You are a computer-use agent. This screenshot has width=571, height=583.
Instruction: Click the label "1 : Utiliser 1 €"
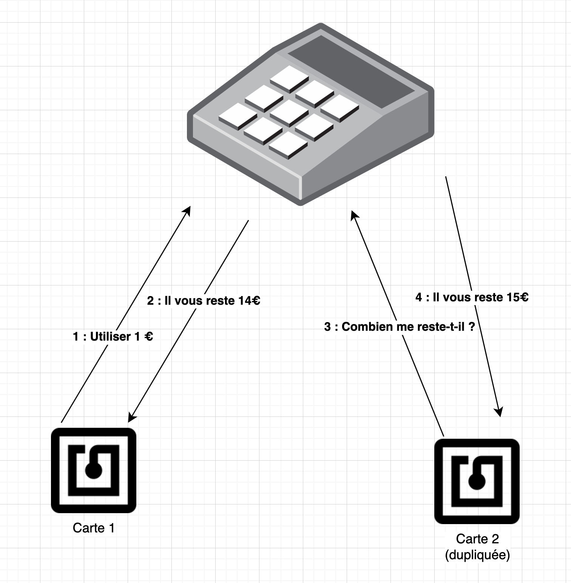(113, 336)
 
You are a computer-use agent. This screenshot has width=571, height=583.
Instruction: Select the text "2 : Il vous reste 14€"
(204, 301)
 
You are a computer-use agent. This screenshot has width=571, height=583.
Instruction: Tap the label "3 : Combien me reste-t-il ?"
(399, 327)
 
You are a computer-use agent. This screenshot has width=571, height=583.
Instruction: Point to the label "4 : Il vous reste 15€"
(472, 297)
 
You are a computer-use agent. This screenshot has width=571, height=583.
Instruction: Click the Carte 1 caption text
(93, 527)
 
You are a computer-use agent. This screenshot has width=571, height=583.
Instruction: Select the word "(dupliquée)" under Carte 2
(477, 555)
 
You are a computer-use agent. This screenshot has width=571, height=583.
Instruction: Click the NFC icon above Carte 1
(94, 470)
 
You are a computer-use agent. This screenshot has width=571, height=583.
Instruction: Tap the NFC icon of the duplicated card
(477, 481)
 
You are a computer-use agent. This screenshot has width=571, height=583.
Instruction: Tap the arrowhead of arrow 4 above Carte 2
(499, 412)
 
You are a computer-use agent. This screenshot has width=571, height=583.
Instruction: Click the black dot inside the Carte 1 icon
(93, 470)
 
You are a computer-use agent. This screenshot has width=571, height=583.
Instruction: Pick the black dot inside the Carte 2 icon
(477, 482)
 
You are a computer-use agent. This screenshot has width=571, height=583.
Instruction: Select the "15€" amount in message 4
(517, 297)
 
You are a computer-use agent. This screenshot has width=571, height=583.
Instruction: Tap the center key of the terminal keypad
(289, 112)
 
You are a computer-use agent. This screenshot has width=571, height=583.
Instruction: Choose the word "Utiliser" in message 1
(110, 336)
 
